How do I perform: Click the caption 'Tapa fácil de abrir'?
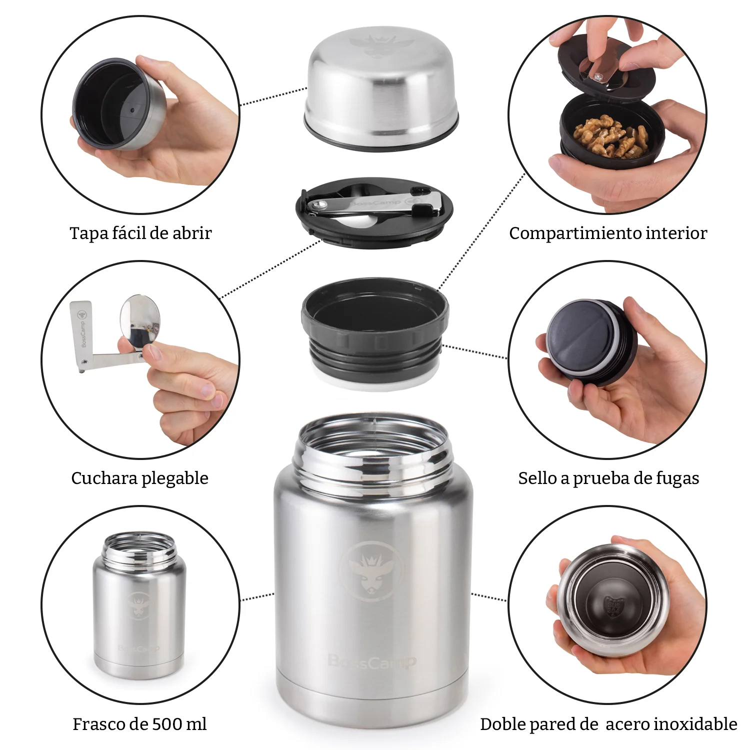[140, 233]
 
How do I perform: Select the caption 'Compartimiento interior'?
[607, 233]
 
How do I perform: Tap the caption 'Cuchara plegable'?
[139, 478]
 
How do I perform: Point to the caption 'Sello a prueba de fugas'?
[608, 478]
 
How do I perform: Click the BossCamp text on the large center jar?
[371, 661]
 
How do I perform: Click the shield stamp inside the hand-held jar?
[613, 607]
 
